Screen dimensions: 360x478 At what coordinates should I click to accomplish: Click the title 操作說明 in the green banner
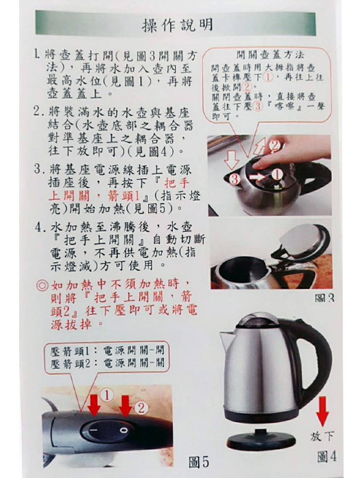click(x=177, y=25)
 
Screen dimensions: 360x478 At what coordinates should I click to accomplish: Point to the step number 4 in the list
click(x=40, y=227)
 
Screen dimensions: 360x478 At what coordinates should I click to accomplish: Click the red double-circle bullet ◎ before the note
click(x=42, y=285)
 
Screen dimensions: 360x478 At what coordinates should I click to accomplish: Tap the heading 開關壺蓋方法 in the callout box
click(x=271, y=55)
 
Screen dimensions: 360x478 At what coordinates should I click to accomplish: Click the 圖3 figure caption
click(x=324, y=298)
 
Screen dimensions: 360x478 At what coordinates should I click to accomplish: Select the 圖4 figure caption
click(x=327, y=457)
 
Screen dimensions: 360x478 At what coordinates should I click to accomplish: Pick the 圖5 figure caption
click(x=199, y=462)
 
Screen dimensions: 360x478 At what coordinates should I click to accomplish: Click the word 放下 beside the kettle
click(x=322, y=436)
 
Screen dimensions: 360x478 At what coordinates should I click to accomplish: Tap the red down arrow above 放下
click(x=322, y=411)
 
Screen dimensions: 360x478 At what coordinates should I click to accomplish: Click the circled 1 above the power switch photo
click(x=107, y=395)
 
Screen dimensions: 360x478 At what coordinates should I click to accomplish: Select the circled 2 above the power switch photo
click(x=141, y=408)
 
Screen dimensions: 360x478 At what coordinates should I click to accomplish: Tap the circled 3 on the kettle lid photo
click(x=234, y=180)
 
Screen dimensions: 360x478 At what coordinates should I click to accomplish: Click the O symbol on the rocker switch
click(x=123, y=430)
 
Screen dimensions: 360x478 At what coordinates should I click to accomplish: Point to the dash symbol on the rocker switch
click(x=94, y=430)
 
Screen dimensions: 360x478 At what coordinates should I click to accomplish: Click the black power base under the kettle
click(x=261, y=438)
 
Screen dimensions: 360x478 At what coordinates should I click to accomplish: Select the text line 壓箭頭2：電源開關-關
click(x=107, y=363)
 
